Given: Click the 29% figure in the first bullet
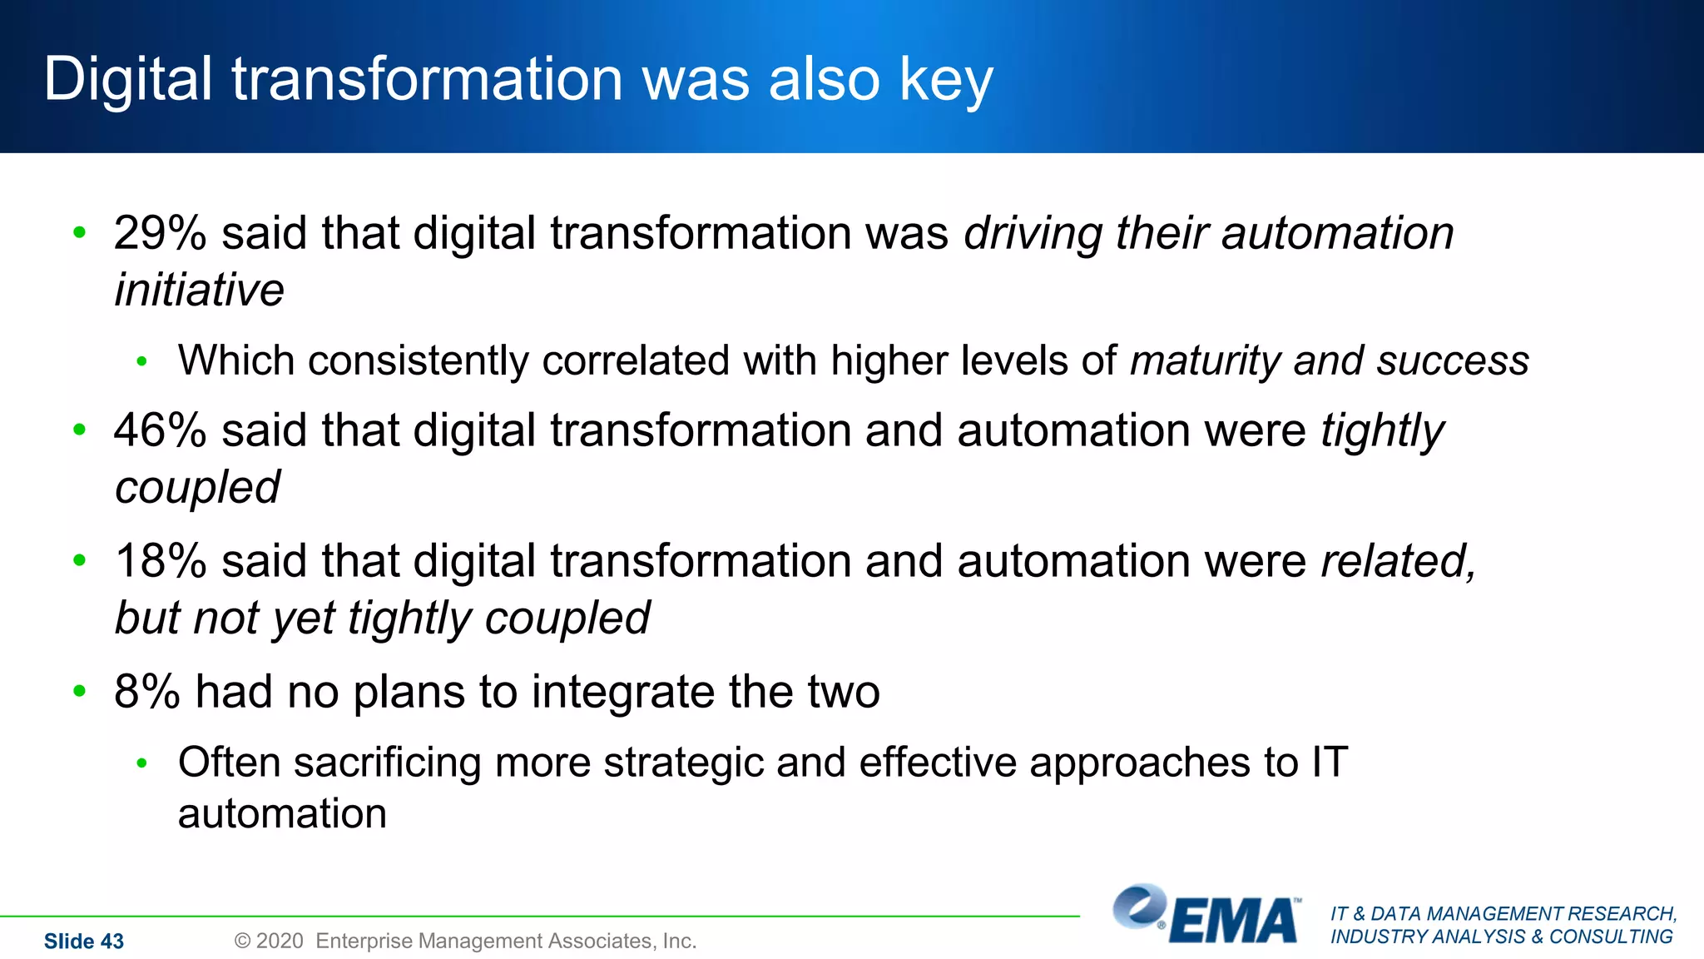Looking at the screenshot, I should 160,233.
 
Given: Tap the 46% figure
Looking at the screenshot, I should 160,430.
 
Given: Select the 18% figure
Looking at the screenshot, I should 160,561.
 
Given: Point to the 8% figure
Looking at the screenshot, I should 146,692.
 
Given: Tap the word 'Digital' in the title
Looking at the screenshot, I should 128,79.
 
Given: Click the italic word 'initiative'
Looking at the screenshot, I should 199,290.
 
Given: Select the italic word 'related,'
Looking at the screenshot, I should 1398,561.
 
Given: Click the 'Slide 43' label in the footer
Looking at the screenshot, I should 84,941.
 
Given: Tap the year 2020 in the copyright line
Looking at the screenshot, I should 280,941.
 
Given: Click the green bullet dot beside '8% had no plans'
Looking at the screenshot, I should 80,690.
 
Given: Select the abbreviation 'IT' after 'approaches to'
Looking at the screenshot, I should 1330,763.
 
